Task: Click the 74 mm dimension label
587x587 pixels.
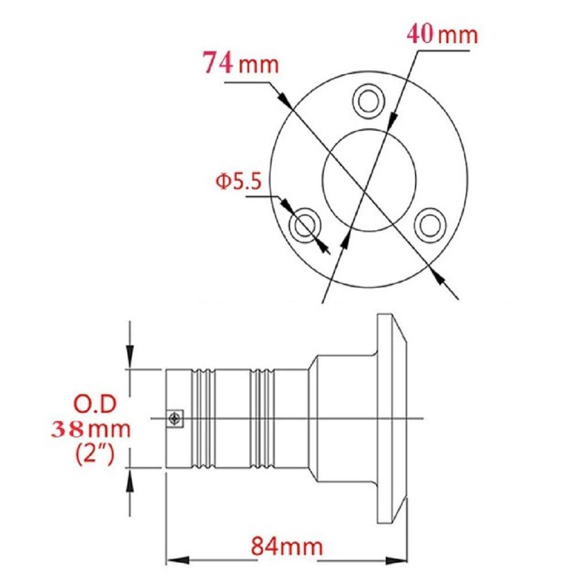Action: [x=241, y=63]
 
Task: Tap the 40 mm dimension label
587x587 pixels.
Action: [x=442, y=35]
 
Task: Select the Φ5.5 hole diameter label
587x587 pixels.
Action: [x=238, y=182]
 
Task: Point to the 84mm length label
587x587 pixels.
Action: [x=287, y=546]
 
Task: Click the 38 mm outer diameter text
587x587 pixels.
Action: [x=91, y=429]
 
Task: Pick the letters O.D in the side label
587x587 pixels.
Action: [x=95, y=404]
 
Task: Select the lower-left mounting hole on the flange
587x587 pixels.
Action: [x=305, y=226]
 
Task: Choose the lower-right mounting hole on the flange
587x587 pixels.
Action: [x=429, y=225]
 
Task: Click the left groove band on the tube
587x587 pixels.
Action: [x=203, y=419]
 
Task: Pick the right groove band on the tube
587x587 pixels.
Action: [x=263, y=419]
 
